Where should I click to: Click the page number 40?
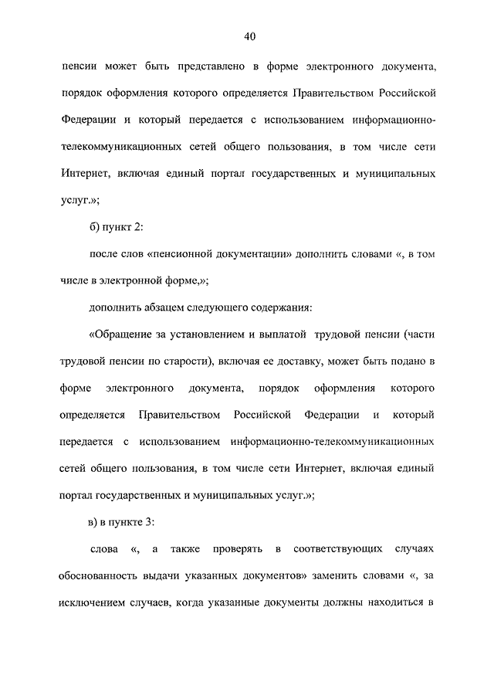[248, 37]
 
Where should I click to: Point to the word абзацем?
[168, 308]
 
